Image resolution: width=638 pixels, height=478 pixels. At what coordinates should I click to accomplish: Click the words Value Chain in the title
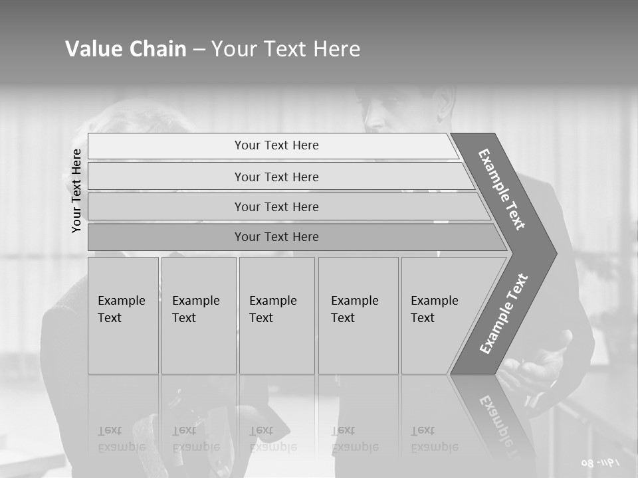point(126,49)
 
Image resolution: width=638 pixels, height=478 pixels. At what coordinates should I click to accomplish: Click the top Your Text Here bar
point(276,145)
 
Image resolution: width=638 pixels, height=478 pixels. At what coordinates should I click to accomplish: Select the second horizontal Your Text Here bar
point(276,177)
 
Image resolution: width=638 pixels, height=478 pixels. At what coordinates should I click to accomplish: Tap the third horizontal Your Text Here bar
point(276,206)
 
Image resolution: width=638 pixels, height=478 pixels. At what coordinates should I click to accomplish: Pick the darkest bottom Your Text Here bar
point(276,237)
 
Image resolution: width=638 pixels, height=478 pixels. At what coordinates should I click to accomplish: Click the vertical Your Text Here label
point(77,191)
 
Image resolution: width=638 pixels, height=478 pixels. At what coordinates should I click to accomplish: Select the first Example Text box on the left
point(123,315)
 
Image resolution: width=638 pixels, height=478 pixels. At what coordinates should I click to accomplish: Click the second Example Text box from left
point(198,315)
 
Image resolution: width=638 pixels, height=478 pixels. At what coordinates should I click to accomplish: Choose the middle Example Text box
point(276,315)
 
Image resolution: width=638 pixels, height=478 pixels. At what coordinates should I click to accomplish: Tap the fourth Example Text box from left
point(358,315)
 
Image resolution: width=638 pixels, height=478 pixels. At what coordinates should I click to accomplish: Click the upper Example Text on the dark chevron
point(502,189)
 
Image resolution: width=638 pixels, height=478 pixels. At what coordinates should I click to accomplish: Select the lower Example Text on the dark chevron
point(504,313)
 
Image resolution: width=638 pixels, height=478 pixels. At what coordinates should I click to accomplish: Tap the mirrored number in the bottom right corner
point(599,462)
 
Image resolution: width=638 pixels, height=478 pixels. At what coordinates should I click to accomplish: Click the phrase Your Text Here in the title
point(286,49)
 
